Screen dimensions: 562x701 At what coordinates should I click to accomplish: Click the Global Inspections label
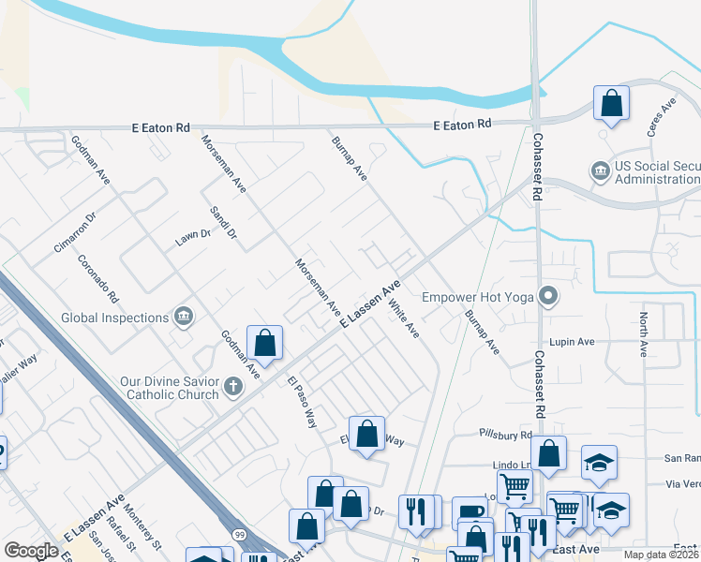click(x=114, y=318)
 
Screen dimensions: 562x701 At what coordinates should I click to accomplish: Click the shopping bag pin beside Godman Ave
click(x=265, y=343)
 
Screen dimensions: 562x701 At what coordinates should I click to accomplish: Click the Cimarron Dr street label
click(x=75, y=231)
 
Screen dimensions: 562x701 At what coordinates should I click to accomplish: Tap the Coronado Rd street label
click(x=97, y=279)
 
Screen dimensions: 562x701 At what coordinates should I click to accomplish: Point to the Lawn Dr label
click(x=193, y=238)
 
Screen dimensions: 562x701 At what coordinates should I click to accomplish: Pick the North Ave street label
click(x=644, y=334)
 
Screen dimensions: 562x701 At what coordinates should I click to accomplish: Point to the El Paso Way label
click(x=303, y=401)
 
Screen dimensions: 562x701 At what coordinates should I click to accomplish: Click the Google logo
click(x=31, y=551)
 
